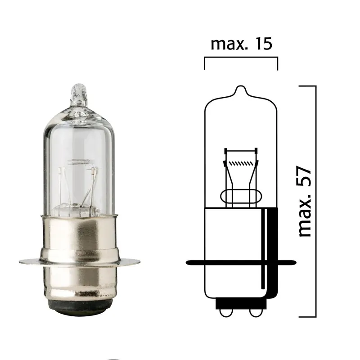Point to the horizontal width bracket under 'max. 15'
241,58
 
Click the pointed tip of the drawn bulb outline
241,86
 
